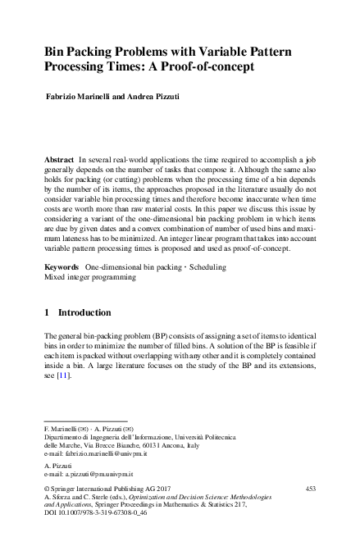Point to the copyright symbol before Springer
(x=47, y=489)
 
